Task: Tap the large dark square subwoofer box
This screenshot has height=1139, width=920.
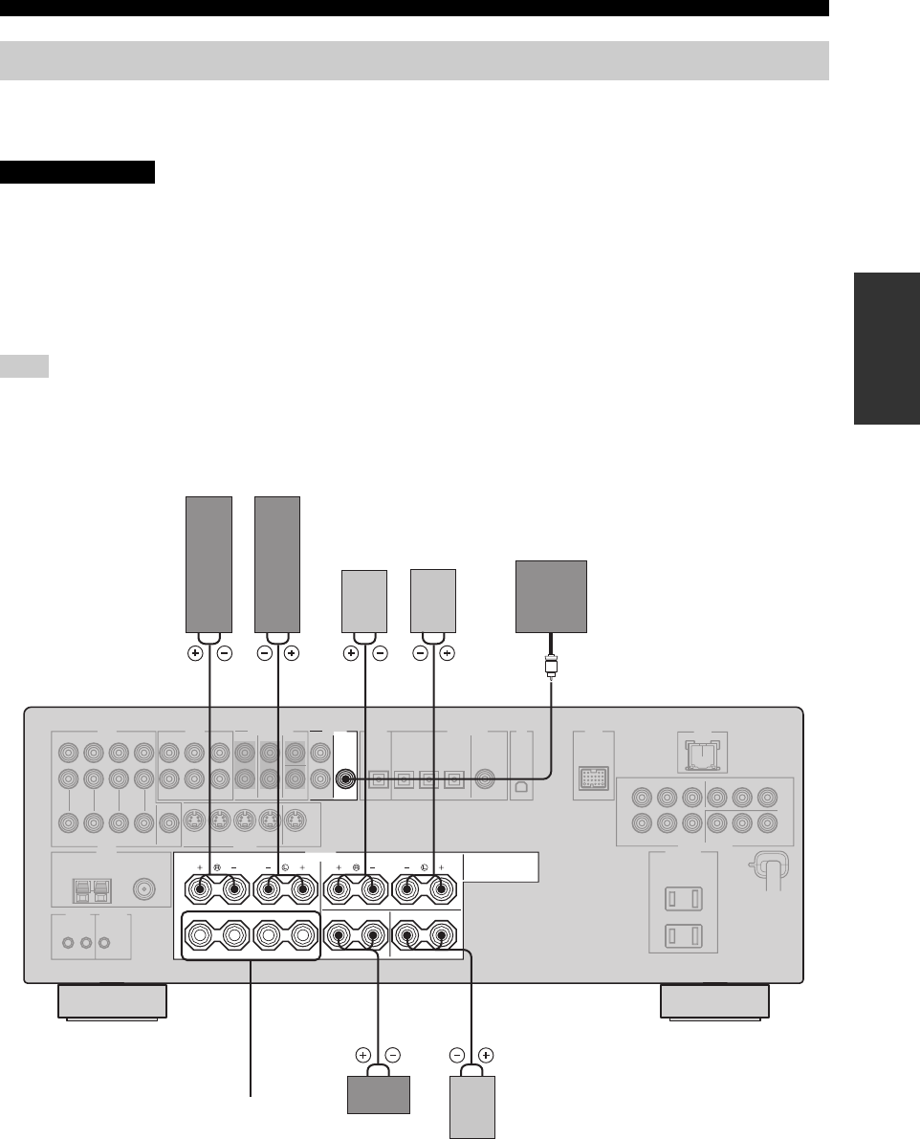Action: pyautogui.click(x=551, y=596)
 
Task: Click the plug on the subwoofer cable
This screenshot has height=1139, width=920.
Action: pyautogui.click(x=551, y=662)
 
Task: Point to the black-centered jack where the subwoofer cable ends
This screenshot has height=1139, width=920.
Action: pyautogui.click(x=343, y=778)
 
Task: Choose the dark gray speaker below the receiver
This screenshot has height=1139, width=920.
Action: pyautogui.click(x=378, y=1094)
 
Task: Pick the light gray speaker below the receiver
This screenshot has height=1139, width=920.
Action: pyautogui.click(x=471, y=1106)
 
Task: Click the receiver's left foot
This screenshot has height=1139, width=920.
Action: pyautogui.click(x=112, y=1002)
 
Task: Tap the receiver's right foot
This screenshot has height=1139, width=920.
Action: pyautogui.click(x=716, y=1002)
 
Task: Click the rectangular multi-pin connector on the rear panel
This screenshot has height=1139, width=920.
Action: pyautogui.click(x=593, y=779)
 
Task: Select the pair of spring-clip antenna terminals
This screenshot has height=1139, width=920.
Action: pyautogui.click(x=94, y=889)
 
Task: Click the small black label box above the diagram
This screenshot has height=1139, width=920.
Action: pyautogui.click(x=78, y=172)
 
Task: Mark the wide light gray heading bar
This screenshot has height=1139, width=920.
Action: pyautogui.click(x=414, y=60)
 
